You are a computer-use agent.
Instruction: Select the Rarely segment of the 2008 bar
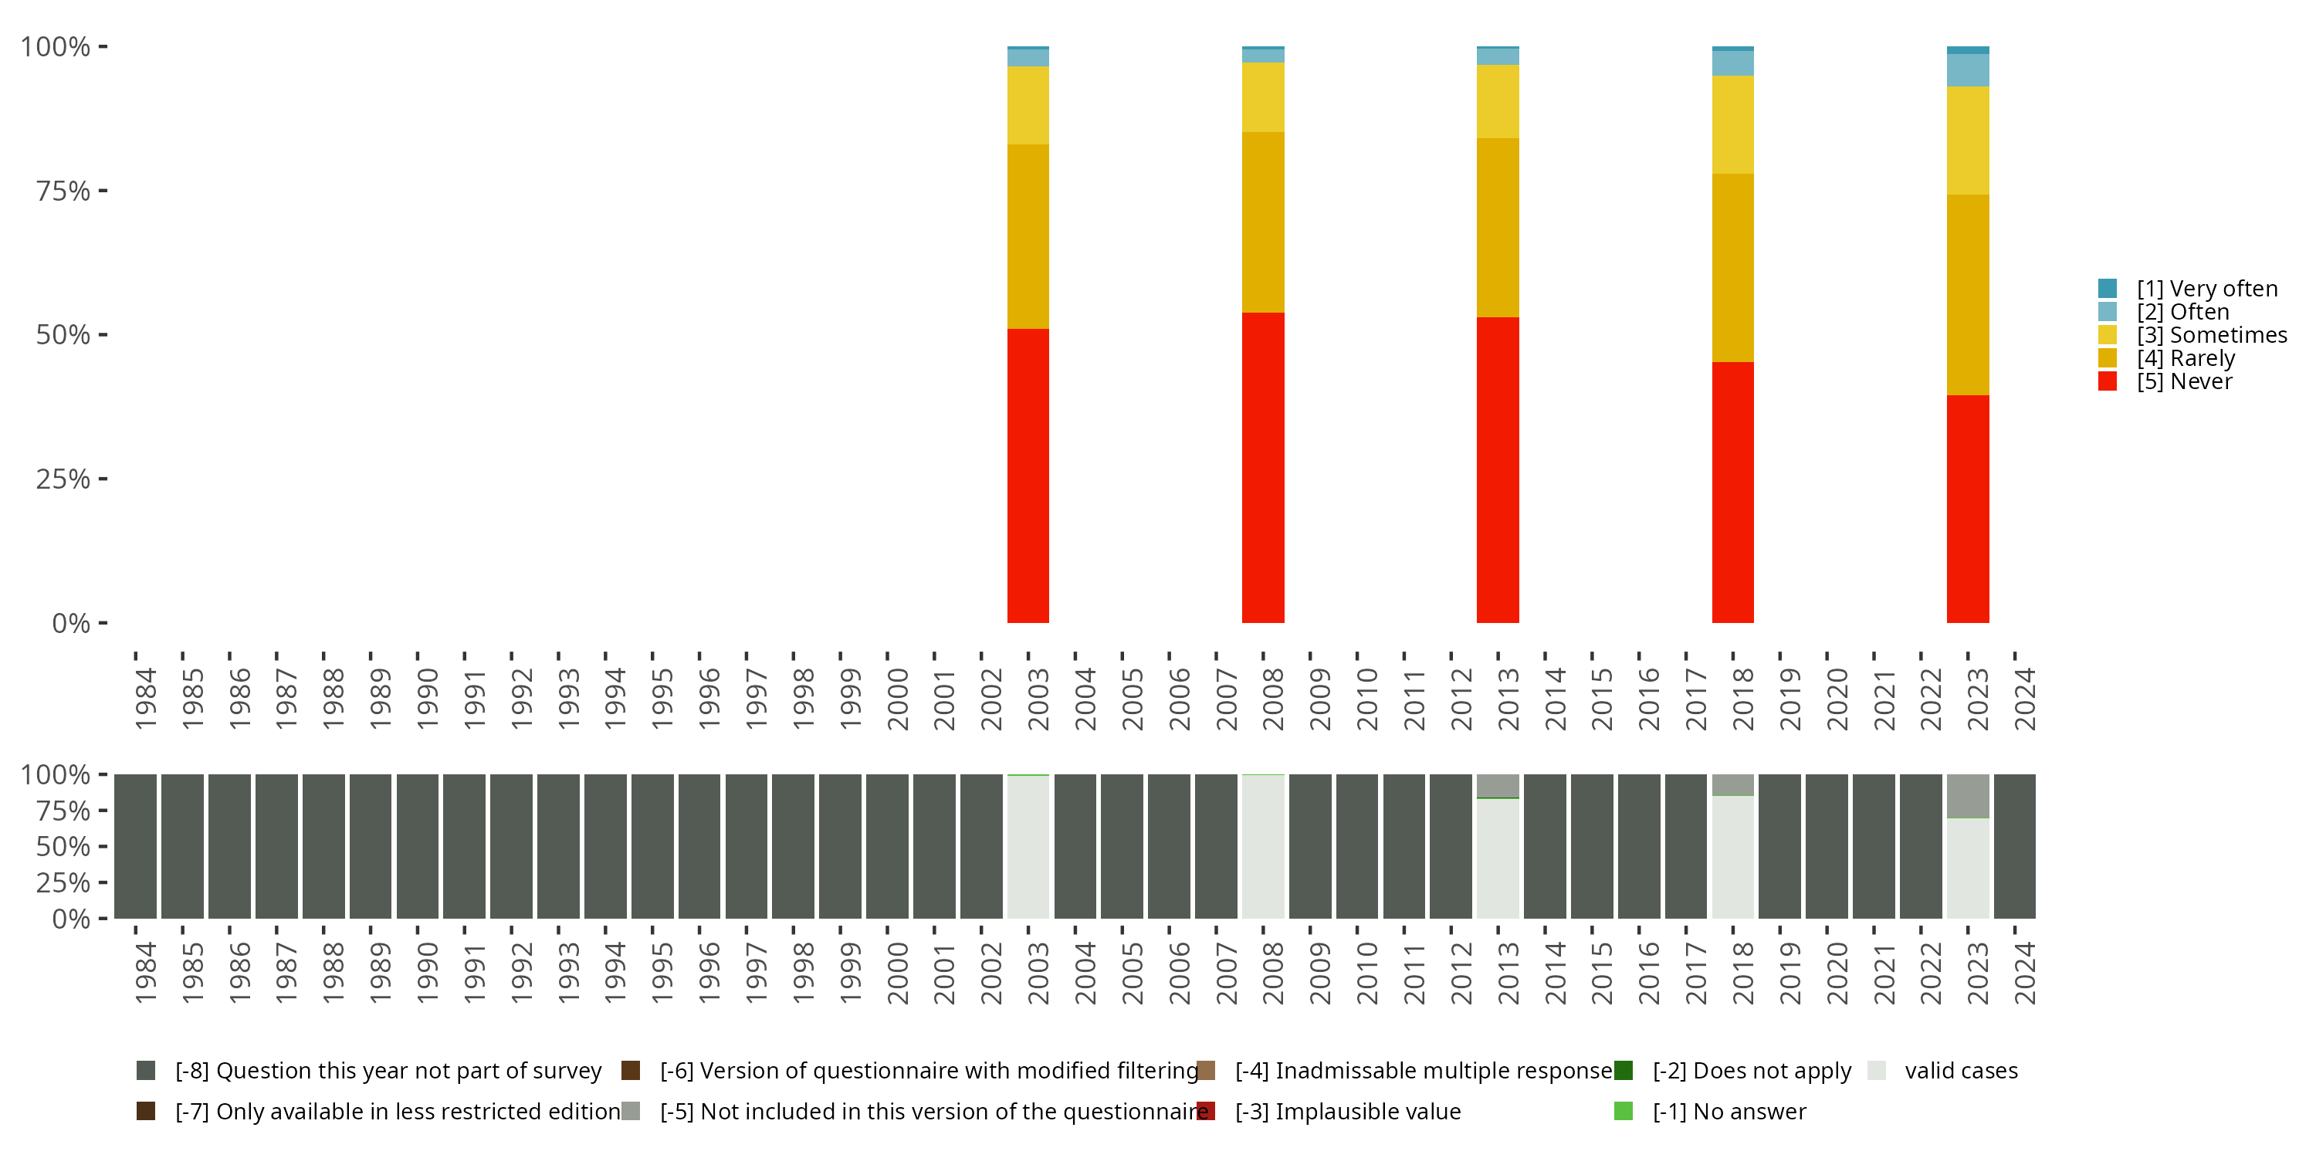[x=1262, y=222]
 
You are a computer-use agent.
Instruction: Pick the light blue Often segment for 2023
[x=1967, y=70]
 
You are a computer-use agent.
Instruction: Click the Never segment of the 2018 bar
[x=1732, y=492]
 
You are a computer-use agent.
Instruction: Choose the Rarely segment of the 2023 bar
[x=1967, y=295]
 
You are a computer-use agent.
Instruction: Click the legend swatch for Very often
[x=2107, y=289]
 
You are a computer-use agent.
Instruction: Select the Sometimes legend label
[x=2212, y=335]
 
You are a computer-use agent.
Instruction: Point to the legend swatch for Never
[x=2107, y=381]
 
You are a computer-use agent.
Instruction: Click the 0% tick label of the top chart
[x=71, y=623]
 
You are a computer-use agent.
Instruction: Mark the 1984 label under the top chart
[x=146, y=699]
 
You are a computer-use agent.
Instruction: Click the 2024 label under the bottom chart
[x=2025, y=973]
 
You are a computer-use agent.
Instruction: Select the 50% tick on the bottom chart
[x=63, y=846]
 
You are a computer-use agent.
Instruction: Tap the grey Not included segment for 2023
[x=1967, y=796]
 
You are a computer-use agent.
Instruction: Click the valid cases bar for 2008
[x=1262, y=847]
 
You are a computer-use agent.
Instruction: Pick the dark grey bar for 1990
[x=417, y=846]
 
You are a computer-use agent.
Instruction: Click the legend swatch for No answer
[x=1623, y=1111]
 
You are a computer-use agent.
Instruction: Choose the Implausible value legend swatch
[x=1207, y=1111]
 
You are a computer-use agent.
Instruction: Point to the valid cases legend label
[x=1961, y=1071]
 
